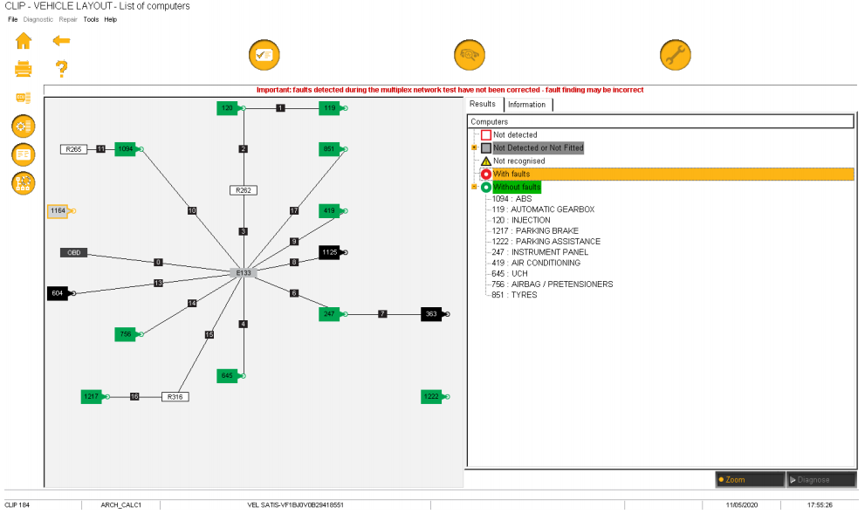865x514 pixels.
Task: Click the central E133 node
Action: (243, 272)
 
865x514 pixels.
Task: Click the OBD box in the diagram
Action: (73, 252)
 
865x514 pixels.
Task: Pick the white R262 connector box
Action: (243, 189)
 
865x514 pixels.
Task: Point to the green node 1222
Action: (432, 397)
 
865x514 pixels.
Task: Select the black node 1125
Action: (330, 252)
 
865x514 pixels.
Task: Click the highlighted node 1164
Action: (58, 210)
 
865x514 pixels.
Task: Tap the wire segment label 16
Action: (134, 396)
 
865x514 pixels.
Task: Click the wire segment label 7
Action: (382, 313)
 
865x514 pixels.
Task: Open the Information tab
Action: (526, 105)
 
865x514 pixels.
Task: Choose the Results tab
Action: (483, 104)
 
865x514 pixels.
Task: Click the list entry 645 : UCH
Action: (510, 273)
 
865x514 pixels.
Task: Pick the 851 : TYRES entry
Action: (515, 295)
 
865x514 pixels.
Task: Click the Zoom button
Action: (749, 479)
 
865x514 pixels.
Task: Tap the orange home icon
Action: (24, 40)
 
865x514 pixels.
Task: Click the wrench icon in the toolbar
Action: (675, 55)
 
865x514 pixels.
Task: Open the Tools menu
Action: (91, 19)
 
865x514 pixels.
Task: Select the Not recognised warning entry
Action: (518, 161)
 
